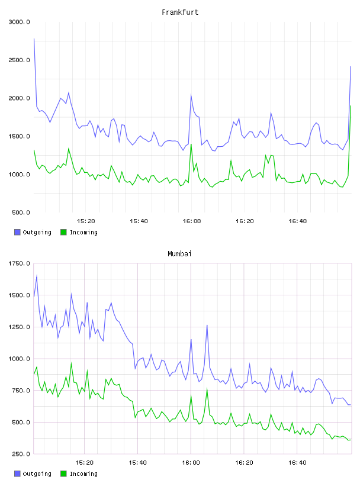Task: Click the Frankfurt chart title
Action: [180, 12]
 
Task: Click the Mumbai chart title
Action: [179, 253]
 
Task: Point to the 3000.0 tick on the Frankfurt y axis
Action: [19, 22]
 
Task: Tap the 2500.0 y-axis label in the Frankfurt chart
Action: [19, 60]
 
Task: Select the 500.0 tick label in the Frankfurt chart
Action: [21, 212]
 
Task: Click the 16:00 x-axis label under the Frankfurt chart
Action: [192, 221]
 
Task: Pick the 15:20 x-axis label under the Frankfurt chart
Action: [86, 221]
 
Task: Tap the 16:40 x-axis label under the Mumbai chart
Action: [297, 463]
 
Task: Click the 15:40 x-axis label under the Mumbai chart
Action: [138, 463]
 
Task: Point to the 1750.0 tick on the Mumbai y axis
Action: [19, 263]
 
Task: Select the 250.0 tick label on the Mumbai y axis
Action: [21, 454]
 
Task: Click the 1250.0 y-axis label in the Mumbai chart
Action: [19, 327]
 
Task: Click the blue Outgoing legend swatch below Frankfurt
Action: [17, 232]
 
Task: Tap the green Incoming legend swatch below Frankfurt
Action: [63, 232]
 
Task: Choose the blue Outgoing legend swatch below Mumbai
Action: [17, 474]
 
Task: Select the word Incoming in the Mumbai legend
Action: [83, 474]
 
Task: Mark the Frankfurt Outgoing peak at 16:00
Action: [191, 95]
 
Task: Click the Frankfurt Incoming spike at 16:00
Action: [191, 144]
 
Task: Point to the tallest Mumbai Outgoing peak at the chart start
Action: [37, 276]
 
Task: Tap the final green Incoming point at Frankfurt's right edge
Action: [351, 106]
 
